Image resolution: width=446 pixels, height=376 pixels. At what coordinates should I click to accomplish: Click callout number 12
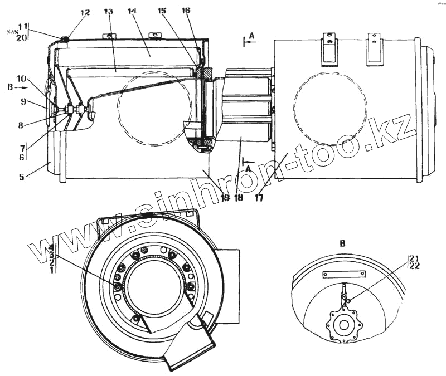84,13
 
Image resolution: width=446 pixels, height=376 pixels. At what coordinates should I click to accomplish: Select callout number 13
108,12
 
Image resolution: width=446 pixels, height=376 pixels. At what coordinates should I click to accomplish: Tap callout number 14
132,11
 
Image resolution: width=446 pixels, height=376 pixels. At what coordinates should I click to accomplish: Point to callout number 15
162,11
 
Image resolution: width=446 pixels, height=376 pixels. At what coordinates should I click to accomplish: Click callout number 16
186,11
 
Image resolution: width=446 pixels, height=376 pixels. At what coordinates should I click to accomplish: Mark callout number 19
224,197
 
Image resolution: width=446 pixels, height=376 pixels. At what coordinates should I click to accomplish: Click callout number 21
413,258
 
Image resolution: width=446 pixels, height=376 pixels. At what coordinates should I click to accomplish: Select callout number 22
413,266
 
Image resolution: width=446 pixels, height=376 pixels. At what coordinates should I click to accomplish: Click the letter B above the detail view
342,243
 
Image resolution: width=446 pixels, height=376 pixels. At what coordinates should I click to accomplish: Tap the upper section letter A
251,36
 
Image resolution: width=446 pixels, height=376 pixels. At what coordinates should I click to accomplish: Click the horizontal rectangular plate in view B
344,275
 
